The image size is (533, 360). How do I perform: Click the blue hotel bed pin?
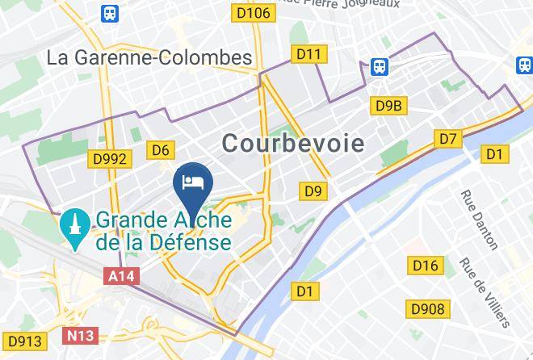194,182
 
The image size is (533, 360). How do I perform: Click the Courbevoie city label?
292,144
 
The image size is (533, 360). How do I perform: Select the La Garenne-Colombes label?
149,58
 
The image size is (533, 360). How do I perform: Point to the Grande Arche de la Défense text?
163,230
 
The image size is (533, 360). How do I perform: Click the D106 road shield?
252,12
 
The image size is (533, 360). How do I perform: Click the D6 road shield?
161,149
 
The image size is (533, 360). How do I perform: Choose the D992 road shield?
110,158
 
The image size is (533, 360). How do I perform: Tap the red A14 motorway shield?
122,276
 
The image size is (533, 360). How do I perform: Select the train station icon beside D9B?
379,67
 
